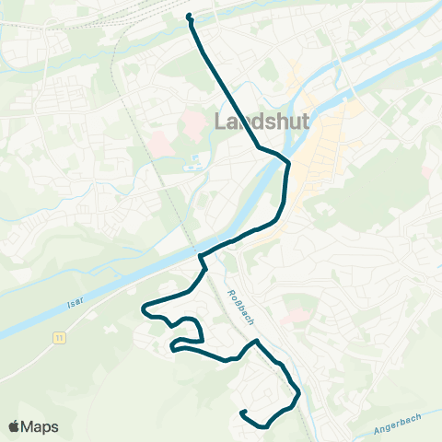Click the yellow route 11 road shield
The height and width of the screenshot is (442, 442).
(x=60, y=339)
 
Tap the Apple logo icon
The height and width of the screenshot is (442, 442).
(x=15, y=426)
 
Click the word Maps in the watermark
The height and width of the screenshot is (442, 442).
(x=41, y=426)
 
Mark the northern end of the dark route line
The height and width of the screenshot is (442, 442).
(x=189, y=16)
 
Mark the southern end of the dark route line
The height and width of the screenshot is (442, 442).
(x=241, y=413)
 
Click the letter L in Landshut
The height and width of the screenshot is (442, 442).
(x=219, y=122)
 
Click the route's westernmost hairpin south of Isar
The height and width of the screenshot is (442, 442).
(x=144, y=308)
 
